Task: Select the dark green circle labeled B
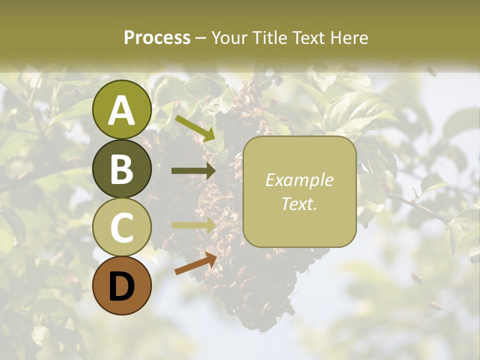[122, 169]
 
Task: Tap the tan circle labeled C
[122, 227]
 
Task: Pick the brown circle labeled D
[122, 286]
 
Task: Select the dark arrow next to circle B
[193, 171]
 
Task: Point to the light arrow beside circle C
[193, 225]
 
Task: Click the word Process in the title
[157, 37]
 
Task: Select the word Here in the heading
[349, 37]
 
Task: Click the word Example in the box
[299, 180]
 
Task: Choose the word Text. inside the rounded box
[299, 203]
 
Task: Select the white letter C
[122, 228]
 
